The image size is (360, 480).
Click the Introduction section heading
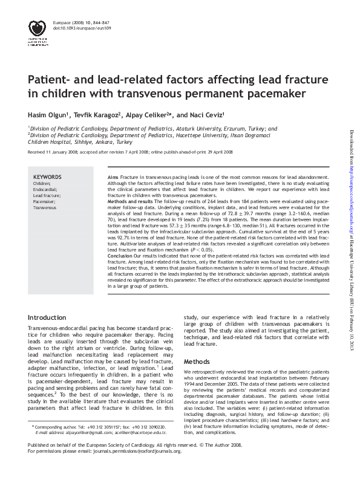coord(47,317)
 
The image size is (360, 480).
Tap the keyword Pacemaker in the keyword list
coord(44,201)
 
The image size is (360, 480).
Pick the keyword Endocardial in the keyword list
coord(45,189)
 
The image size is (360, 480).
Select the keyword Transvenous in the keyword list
coord(45,207)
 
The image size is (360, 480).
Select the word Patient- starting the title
coord(53,80)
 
